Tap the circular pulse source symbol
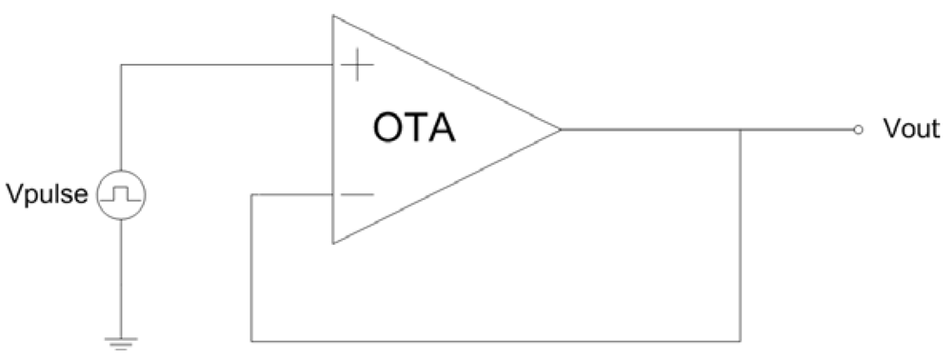tap(121, 195)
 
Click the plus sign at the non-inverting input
tap(355, 65)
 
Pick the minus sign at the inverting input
tap(355, 194)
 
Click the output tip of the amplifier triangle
tap(560, 130)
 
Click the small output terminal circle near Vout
tap(858, 130)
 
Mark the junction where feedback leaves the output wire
tap(741, 130)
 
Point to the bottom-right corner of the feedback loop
tap(741, 338)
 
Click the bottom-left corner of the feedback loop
tap(251, 338)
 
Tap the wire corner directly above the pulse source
tap(121, 66)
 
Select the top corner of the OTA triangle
tap(332, 15)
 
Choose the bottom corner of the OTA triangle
tap(332, 244)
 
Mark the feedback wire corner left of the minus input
tap(251, 195)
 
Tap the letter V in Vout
tap(890, 130)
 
